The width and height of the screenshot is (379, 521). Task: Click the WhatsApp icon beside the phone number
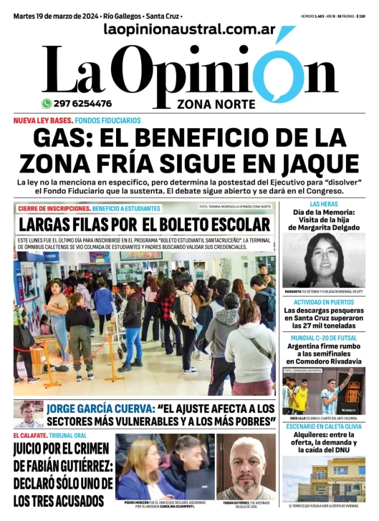(47, 103)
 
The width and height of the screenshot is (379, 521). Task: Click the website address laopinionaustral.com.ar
(189, 29)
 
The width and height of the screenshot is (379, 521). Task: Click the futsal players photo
(324, 391)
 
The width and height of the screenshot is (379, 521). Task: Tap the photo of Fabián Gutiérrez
(245, 465)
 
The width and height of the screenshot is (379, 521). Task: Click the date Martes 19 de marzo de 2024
(56, 15)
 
